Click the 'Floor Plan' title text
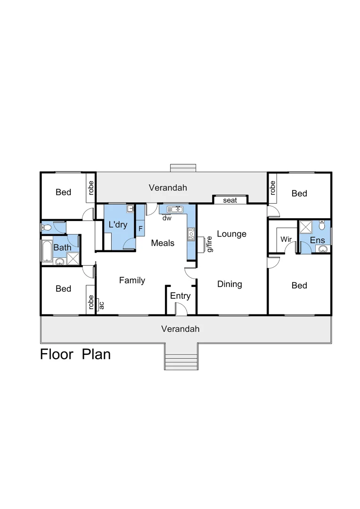click(75, 354)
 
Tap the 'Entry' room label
click(180, 296)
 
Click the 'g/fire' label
click(209, 244)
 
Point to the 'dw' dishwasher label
click(167, 218)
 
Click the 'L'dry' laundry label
click(118, 224)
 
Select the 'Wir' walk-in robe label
click(286, 239)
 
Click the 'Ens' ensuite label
click(317, 240)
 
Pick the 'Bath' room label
click(62, 247)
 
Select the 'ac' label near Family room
click(101, 305)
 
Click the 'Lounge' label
click(231, 234)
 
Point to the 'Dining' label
click(229, 284)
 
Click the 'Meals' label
click(163, 243)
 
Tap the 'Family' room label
click(132, 280)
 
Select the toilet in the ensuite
click(322, 226)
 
